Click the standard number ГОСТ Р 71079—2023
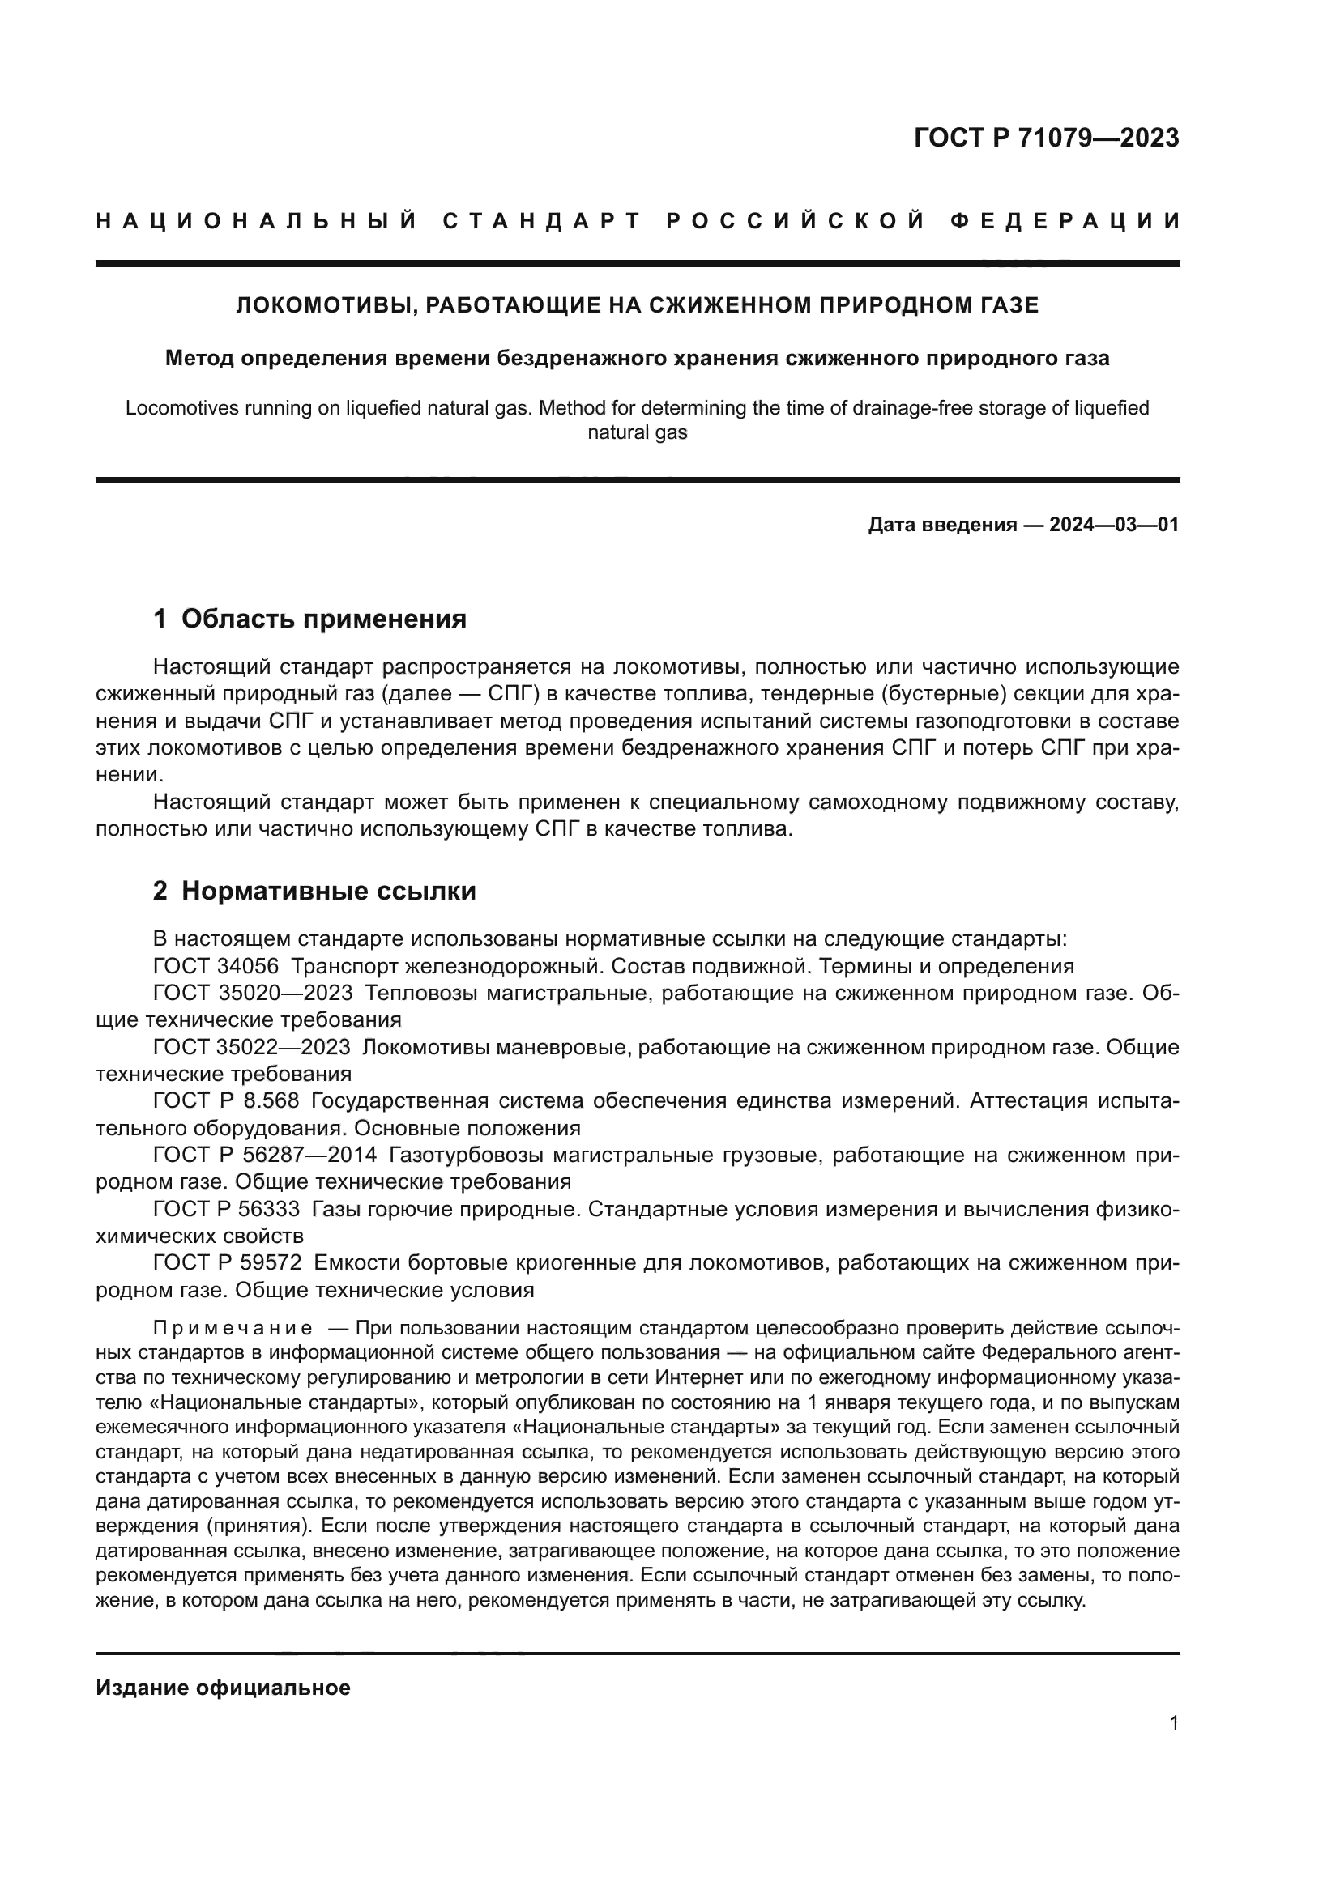pos(1046,138)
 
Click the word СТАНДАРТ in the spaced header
pos(542,221)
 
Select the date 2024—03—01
pos(1114,525)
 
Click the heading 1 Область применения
pos(310,619)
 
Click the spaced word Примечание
pos(233,1328)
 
